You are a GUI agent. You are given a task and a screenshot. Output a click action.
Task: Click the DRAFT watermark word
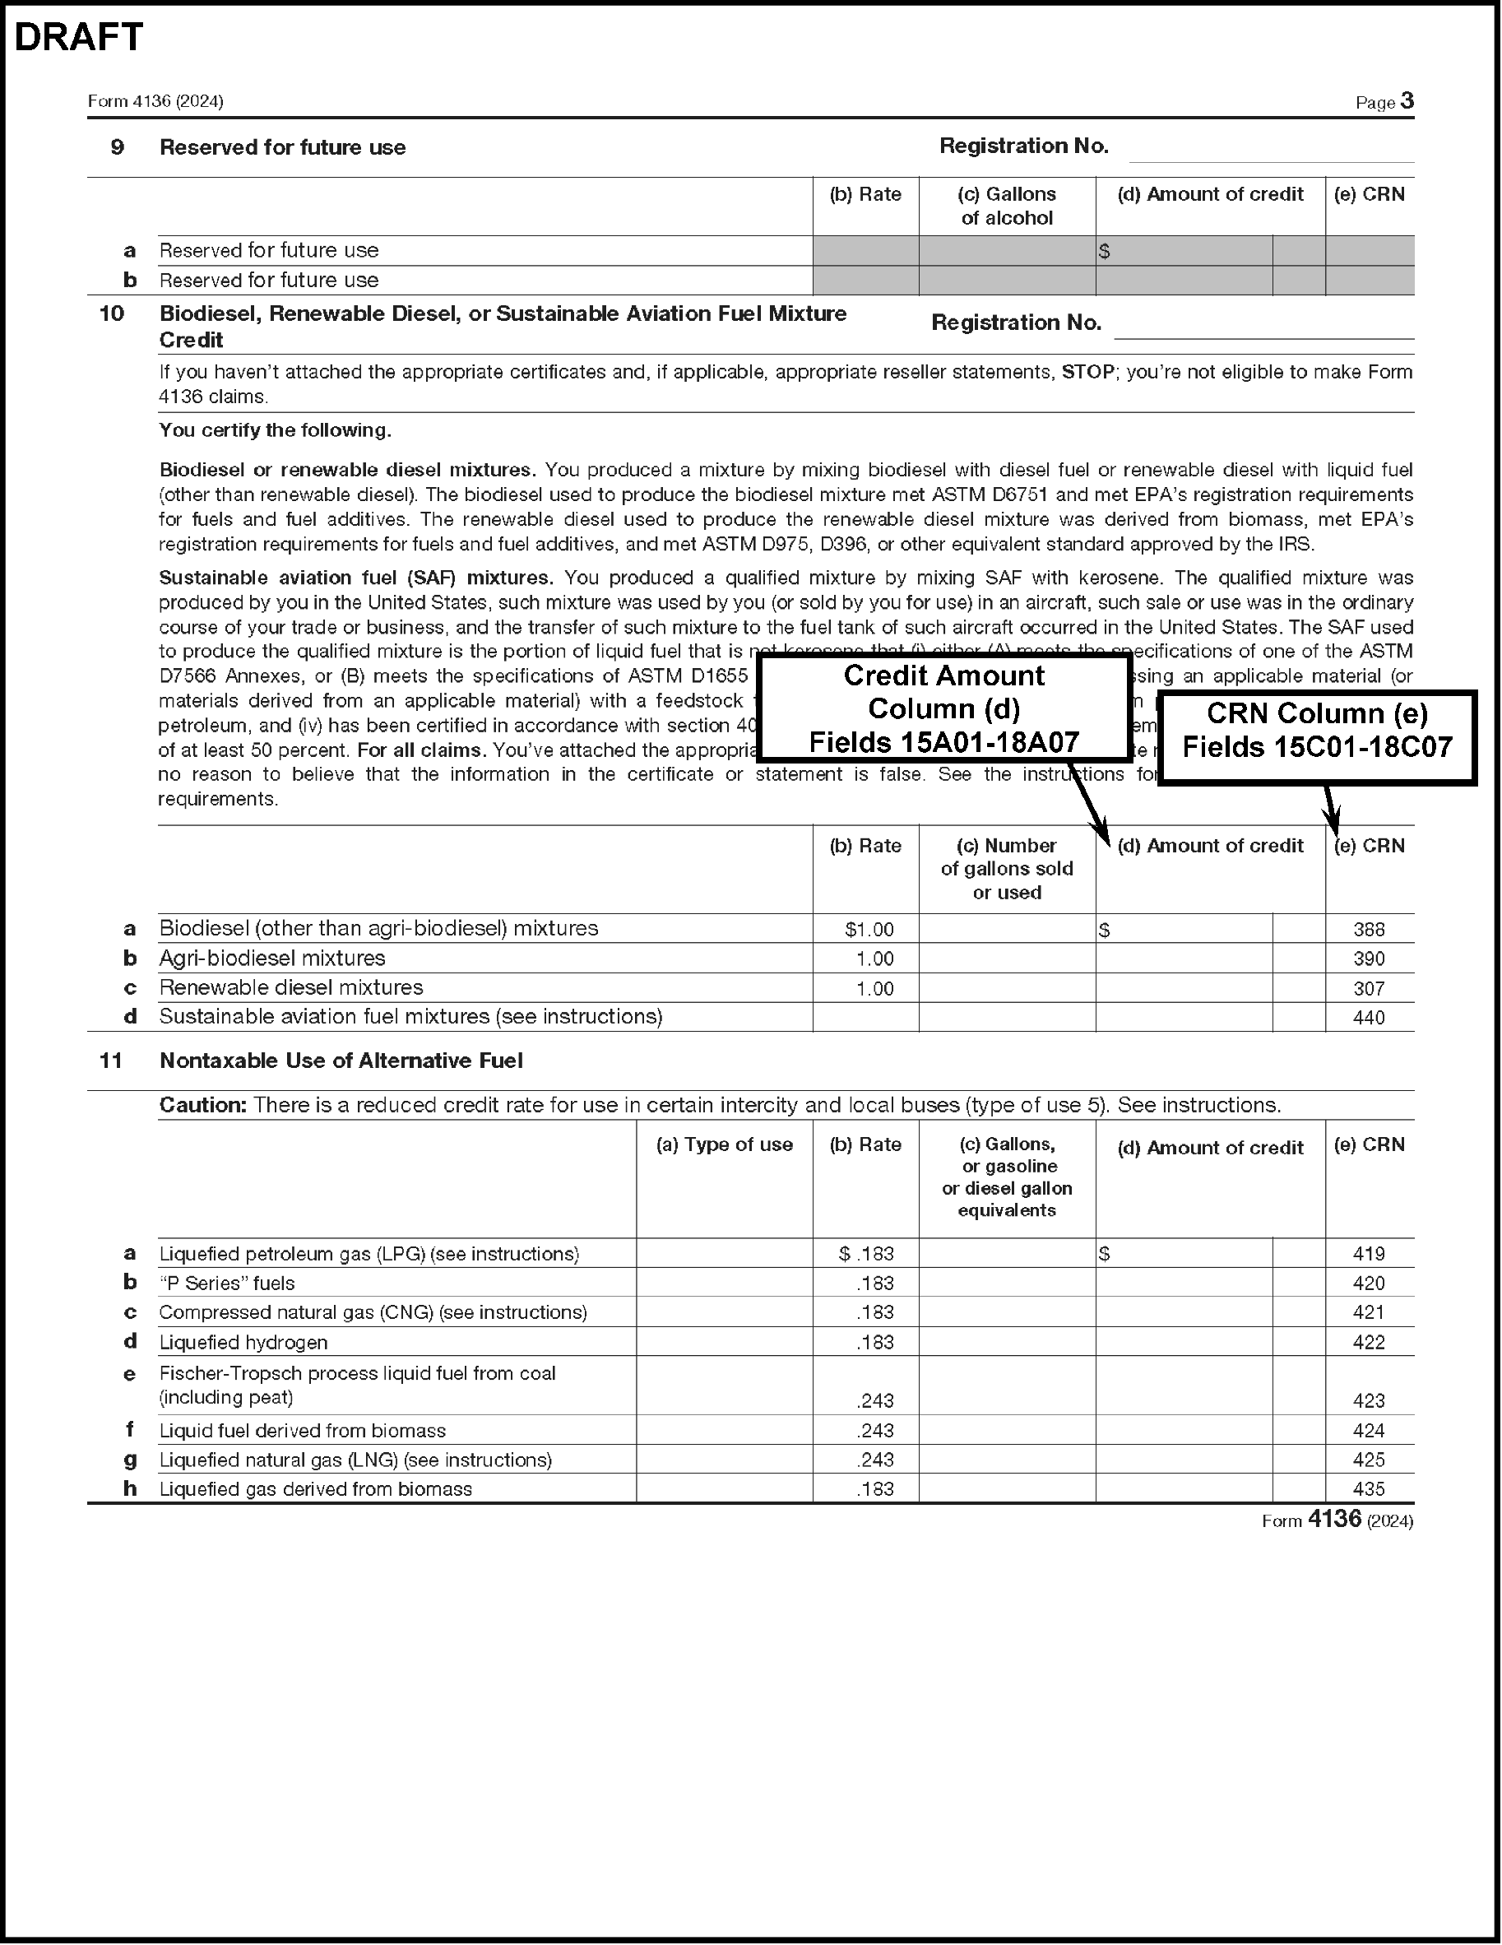78,37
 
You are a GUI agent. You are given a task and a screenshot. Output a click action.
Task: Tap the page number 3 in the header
1407,100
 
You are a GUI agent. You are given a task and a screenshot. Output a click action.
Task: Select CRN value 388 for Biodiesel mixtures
1369,930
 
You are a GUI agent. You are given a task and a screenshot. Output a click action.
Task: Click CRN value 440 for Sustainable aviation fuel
1369,1017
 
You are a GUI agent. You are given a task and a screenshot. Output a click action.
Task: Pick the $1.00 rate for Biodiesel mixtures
869,930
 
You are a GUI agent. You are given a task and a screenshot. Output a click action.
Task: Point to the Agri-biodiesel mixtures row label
272,959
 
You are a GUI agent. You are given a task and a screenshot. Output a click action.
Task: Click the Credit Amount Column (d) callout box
943,708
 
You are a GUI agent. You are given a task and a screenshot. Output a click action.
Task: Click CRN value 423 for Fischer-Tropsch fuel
1369,1401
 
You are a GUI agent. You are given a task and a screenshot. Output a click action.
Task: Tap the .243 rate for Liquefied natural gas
875,1460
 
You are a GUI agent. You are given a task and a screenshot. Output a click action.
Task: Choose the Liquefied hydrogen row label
243,1342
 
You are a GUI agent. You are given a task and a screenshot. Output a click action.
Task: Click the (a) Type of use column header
724,1145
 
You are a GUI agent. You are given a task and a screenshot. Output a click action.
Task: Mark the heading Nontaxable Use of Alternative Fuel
341,1061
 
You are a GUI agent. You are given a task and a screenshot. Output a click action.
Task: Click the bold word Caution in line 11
202,1105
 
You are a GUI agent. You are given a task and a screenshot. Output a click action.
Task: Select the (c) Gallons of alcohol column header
1007,206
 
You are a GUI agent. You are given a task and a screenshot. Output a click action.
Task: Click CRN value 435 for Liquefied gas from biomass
1369,1489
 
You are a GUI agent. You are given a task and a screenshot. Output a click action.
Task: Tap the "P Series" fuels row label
227,1284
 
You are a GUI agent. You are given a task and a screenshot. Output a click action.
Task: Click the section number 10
111,313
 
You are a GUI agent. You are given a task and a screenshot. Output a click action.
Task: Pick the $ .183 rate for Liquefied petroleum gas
866,1254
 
